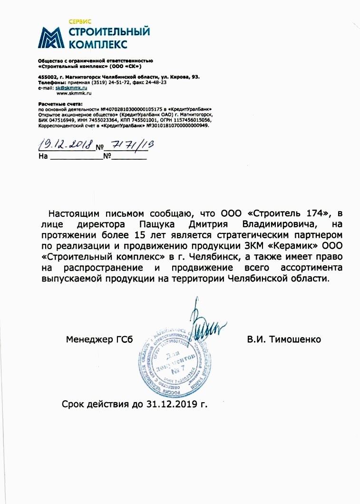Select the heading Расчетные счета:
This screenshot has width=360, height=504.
[59, 103]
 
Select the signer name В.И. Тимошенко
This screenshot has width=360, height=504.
[284, 339]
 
